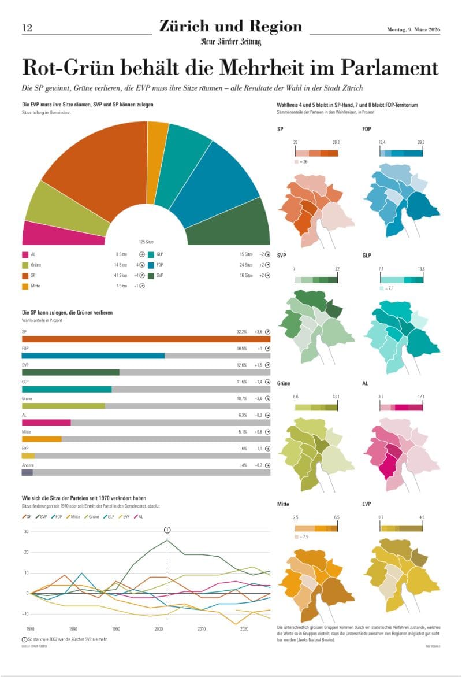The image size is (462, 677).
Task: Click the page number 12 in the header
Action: (27, 28)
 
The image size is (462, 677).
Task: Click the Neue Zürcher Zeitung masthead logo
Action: (230, 42)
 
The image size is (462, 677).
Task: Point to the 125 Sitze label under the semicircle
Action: (147, 242)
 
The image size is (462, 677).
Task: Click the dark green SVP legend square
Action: (151, 275)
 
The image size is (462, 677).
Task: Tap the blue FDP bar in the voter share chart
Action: (93, 356)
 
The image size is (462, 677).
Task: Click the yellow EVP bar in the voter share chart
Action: (28, 456)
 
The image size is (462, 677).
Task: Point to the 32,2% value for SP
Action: (242, 332)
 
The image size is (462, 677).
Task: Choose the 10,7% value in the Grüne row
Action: (242, 398)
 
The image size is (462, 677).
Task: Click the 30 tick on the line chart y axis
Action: (26, 532)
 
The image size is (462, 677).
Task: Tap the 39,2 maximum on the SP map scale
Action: (336, 142)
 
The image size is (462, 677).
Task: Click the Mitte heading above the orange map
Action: (284, 504)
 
